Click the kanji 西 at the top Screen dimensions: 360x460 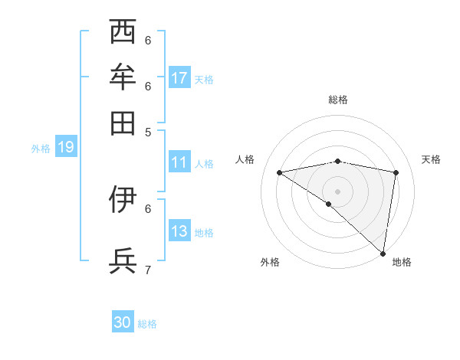pyautogui.click(x=123, y=32)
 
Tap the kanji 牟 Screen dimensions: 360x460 pyautogui.click(x=123, y=77)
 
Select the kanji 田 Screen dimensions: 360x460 pyautogui.click(x=123, y=122)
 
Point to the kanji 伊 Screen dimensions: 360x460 pyautogui.click(x=123, y=199)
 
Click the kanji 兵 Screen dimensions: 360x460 pyautogui.click(x=123, y=260)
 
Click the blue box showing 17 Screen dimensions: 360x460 pyautogui.click(x=179, y=77)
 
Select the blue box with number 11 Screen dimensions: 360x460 pyautogui.click(x=179, y=162)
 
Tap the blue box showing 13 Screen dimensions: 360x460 pyautogui.click(x=179, y=231)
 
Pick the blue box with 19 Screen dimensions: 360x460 pyautogui.click(x=65, y=147)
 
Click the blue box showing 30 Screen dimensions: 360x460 pyautogui.click(x=123, y=322)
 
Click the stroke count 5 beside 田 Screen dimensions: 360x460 pyautogui.click(x=148, y=131)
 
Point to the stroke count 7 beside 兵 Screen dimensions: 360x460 pyautogui.click(x=148, y=270)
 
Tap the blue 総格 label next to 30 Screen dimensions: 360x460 pyautogui.click(x=148, y=324)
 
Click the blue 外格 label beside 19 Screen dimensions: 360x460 pyautogui.click(x=40, y=149)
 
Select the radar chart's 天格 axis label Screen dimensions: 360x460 pyautogui.click(x=431, y=159)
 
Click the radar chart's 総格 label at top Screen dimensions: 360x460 pyautogui.click(x=338, y=100)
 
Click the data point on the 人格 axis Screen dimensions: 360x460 pyautogui.click(x=280, y=172)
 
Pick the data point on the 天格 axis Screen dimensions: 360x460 pyautogui.click(x=396, y=172)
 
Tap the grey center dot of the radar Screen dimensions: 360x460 pyautogui.click(x=338, y=191)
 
